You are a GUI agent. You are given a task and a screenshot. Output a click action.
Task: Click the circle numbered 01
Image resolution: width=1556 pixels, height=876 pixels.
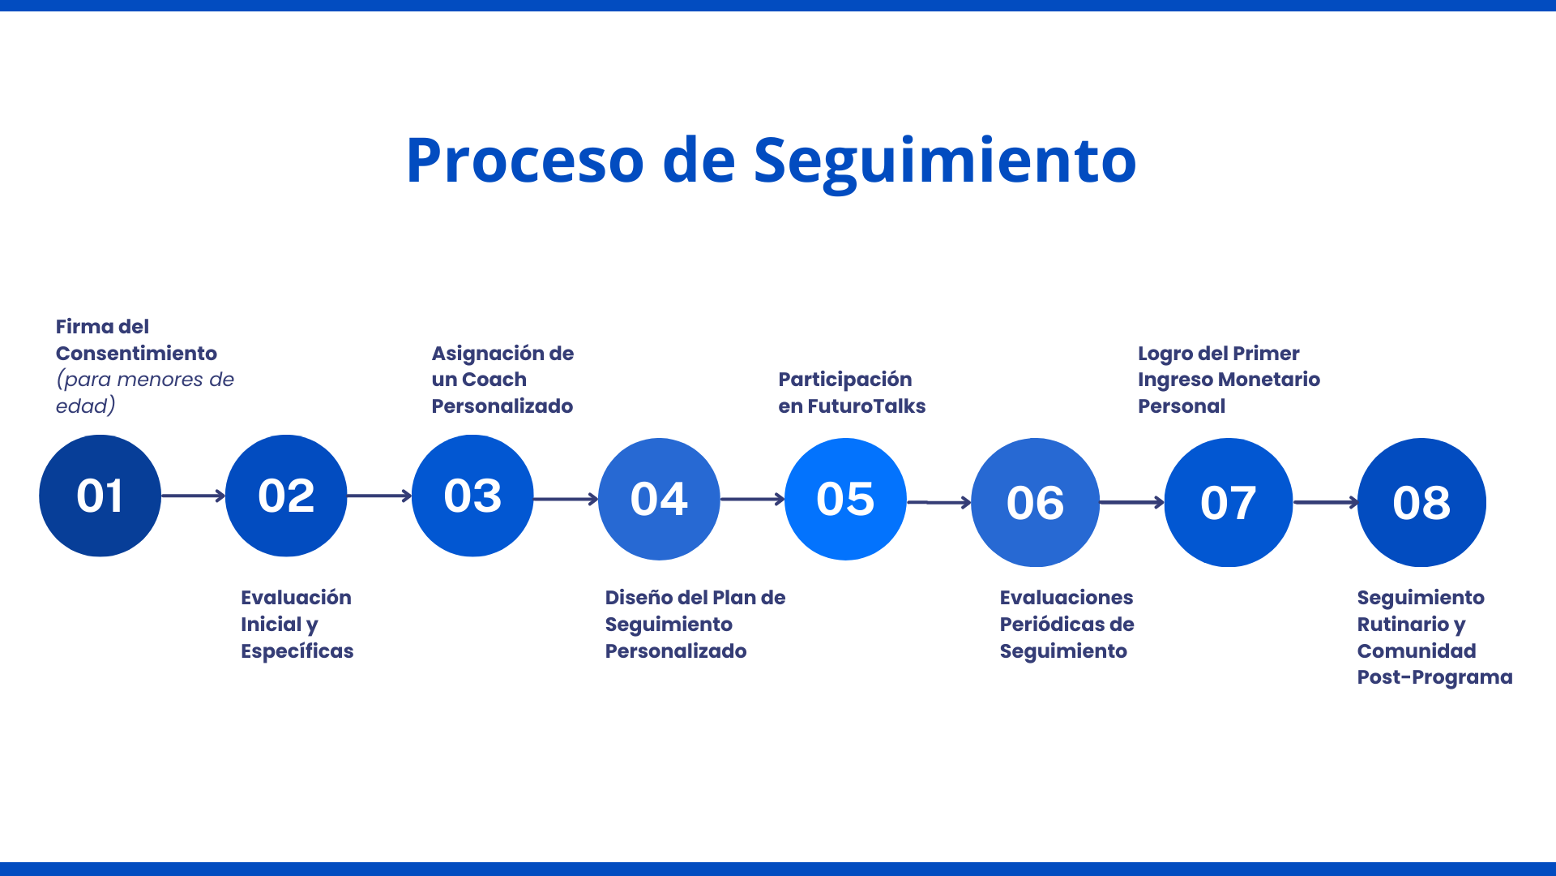(x=100, y=496)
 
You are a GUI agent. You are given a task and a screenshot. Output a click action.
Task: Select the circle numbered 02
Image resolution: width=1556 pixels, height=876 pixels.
(x=286, y=496)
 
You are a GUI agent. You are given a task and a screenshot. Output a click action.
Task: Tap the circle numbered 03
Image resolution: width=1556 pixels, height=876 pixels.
(x=472, y=496)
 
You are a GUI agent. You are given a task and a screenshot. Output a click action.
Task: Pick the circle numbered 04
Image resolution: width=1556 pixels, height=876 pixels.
(x=659, y=499)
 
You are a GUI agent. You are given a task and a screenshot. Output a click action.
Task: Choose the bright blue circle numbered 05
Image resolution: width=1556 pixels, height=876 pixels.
(x=845, y=499)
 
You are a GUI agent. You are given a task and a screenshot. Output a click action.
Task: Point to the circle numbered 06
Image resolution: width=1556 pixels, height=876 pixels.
(x=1035, y=502)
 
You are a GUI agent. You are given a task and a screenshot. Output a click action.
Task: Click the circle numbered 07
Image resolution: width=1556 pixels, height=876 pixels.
(x=1228, y=502)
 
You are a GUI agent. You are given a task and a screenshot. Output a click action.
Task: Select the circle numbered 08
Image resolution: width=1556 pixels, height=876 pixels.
(x=1421, y=502)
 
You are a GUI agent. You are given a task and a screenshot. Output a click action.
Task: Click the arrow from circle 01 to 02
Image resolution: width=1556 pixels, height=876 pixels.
(x=193, y=496)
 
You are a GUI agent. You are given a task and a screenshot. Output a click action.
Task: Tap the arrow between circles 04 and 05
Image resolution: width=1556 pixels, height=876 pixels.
(x=752, y=499)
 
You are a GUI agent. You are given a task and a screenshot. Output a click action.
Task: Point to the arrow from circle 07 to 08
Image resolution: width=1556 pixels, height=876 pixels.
(x=1325, y=502)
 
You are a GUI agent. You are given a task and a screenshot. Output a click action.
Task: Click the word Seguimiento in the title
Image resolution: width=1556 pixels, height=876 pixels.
(x=944, y=161)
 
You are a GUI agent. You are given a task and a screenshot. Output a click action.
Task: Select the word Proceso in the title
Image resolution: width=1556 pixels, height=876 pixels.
(x=524, y=161)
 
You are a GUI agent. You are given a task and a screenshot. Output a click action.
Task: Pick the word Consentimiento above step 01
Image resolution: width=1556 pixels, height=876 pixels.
(x=136, y=354)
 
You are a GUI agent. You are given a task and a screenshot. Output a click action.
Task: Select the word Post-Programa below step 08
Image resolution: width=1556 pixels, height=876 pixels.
(x=1434, y=677)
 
